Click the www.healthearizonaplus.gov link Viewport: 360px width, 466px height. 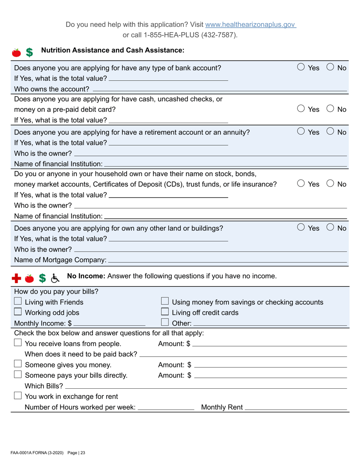[x=250, y=25]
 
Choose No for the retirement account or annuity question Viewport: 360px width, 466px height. [x=330, y=132]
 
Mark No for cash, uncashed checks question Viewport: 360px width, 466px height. [x=330, y=110]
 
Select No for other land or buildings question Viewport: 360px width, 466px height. [x=330, y=228]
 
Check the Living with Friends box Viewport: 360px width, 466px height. [x=18, y=302]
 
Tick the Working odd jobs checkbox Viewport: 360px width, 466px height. [x=18, y=313]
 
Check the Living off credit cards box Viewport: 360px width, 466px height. [x=165, y=313]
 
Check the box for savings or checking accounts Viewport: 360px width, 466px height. [x=165, y=302]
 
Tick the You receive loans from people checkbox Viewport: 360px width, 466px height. [x=18, y=344]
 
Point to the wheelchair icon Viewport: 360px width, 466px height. [x=55, y=278]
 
